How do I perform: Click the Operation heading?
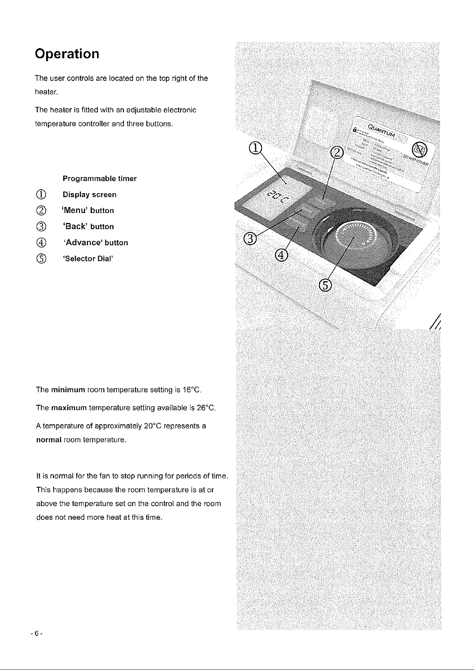67,54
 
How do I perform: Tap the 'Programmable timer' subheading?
99,178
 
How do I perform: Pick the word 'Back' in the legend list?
76,227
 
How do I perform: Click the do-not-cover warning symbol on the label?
418,150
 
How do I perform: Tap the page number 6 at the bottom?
36,633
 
